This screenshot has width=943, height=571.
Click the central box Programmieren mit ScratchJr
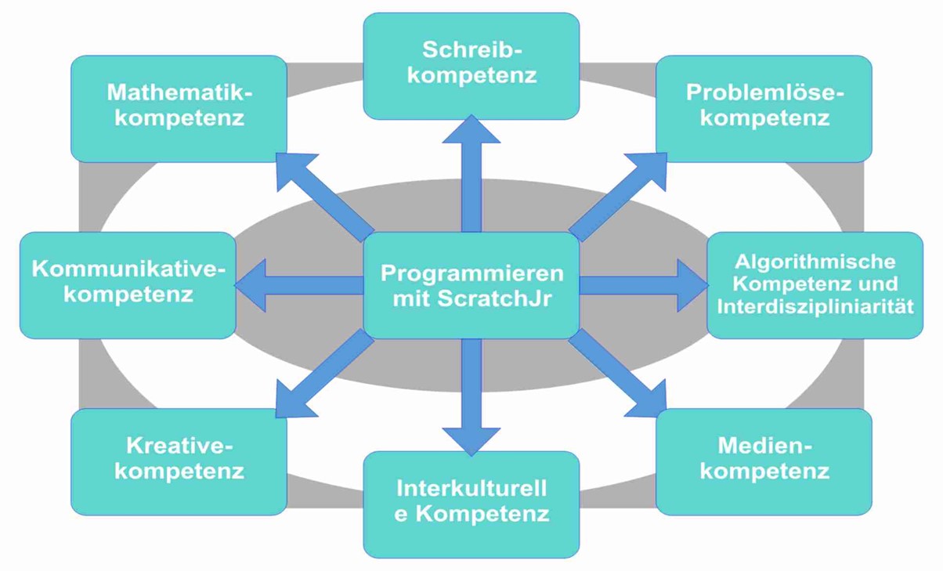pyautogui.click(x=471, y=285)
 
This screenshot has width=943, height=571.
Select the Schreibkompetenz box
pyautogui.click(x=471, y=65)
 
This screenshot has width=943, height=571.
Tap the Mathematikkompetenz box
pyautogui.click(x=179, y=108)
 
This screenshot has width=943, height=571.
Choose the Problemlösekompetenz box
pyautogui.click(x=764, y=108)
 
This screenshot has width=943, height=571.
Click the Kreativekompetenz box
pyautogui.click(x=179, y=461)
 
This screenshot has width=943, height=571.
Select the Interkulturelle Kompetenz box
pyautogui.click(x=471, y=504)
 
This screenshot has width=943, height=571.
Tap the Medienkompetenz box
pyautogui.click(x=764, y=461)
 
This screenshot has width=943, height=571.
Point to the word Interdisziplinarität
pyautogui.click(x=815, y=305)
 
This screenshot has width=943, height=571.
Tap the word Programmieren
pyautogui.click(x=471, y=273)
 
